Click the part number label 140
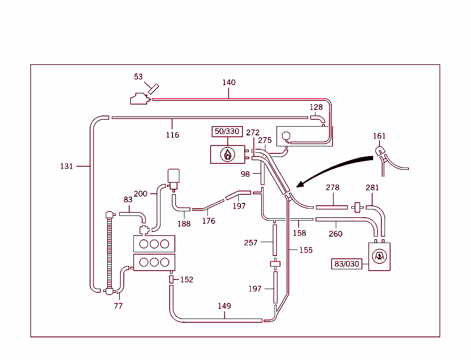[229, 82]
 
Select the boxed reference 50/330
[227, 132]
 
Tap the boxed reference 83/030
[347, 264]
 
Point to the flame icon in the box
[227, 155]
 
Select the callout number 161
[379, 136]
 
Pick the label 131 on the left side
[67, 166]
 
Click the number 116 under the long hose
[172, 135]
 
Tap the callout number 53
[138, 77]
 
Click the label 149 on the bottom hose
[224, 306]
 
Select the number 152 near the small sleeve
[187, 279]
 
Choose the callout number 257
[251, 243]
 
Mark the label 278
[333, 187]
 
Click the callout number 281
[372, 187]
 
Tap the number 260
[336, 234]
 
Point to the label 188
[184, 224]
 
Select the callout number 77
[118, 306]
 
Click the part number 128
[316, 107]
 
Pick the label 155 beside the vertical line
[306, 250]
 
